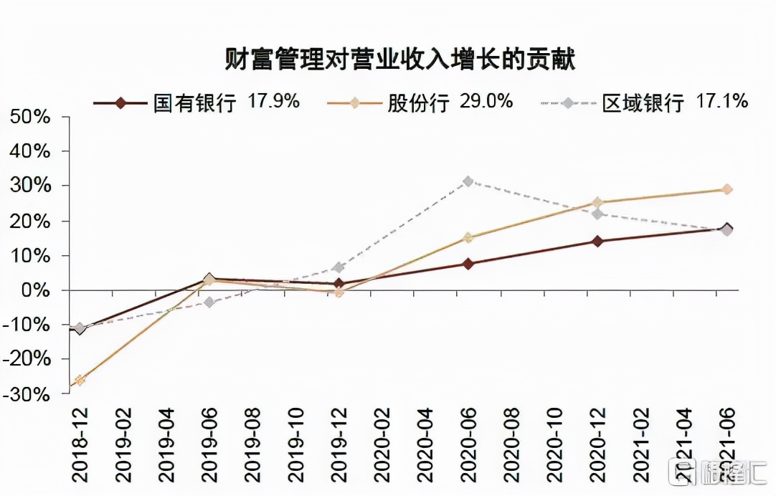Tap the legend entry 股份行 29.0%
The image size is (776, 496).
[x=420, y=102]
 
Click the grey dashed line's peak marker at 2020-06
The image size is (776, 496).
[x=468, y=181]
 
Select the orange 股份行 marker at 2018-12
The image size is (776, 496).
[x=80, y=380]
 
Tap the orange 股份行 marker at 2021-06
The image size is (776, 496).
[x=727, y=189]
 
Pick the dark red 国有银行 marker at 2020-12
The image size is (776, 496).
[x=597, y=241]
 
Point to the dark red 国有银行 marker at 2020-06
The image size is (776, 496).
[x=468, y=264]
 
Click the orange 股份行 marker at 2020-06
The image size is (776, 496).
[x=468, y=237]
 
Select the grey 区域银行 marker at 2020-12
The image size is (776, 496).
[x=597, y=214]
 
